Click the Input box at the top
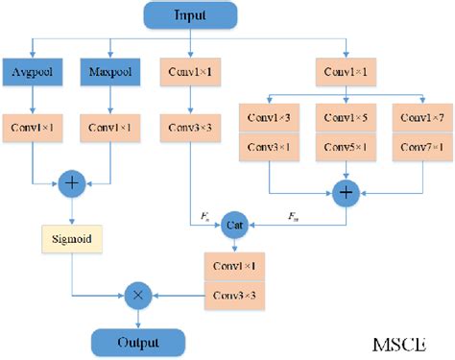(191, 16)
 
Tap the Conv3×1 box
(271, 146)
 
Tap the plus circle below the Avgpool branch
(71, 182)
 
